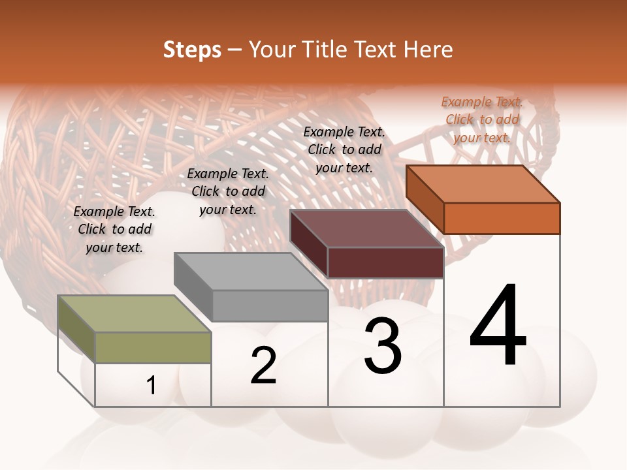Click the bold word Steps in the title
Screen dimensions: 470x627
click(x=192, y=50)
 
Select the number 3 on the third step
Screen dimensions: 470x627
click(x=383, y=347)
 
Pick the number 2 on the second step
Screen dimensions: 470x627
click(x=263, y=366)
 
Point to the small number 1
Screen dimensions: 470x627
click(x=152, y=385)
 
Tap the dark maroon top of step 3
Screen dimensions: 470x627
click(x=366, y=228)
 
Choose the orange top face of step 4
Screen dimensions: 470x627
click(x=483, y=184)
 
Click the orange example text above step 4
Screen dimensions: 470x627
click(x=482, y=119)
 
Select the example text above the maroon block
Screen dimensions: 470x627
click(x=344, y=149)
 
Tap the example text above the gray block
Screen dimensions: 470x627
click(x=228, y=191)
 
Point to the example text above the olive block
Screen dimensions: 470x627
click(x=114, y=229)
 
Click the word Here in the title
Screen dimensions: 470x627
click(x=428, y=50)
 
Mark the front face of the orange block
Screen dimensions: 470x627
click(x=502, y=218)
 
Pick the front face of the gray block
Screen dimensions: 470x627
click(x=270, y=305)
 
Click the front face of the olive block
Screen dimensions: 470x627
click(x=153, y=347)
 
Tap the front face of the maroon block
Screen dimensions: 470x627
click(x=385, y=262)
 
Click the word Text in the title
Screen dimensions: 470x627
click(x=375, y=50)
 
